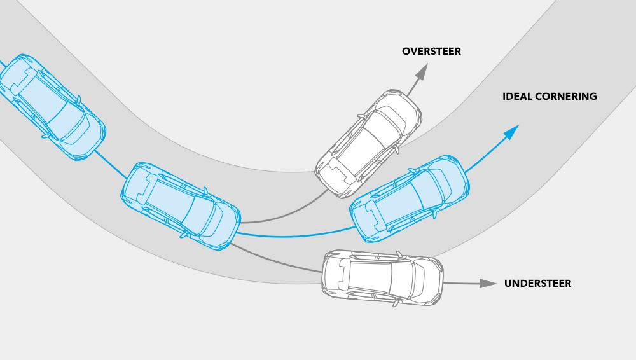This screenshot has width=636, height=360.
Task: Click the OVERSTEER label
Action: [431, 51]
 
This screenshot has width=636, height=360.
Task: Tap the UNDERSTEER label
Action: [537, 284]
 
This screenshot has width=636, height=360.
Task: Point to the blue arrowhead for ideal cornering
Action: [511, 132]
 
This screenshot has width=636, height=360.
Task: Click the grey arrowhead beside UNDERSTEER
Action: [488, 283]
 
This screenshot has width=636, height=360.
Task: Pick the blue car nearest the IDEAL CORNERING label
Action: [410, 198]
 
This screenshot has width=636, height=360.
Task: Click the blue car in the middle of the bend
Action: [181, 205]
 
